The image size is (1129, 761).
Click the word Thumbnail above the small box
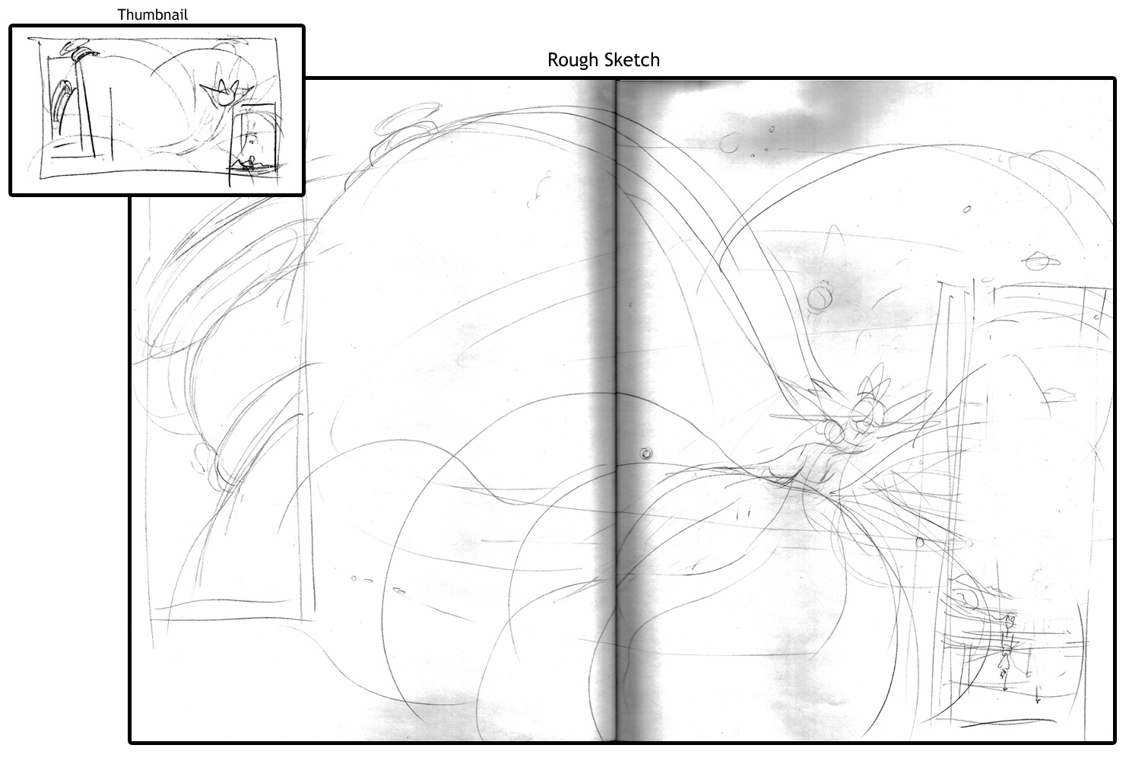point(152,14)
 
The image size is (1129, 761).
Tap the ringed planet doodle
point(1040,262)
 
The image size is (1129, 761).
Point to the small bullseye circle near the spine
point(645,454)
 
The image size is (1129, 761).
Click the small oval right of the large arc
point(966,209)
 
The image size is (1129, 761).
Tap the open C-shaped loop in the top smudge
point(728,145)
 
